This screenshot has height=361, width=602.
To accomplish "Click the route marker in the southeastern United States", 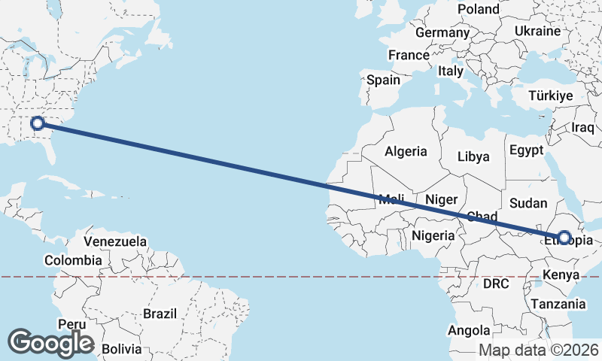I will [38, 123].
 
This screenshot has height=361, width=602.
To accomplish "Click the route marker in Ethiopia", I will [564, 238].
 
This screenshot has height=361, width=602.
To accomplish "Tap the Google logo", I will [50, 343].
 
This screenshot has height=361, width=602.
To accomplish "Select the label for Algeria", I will [406, 151].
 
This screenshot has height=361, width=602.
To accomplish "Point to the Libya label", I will [474, 157].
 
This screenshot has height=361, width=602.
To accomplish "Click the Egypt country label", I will [526, 150].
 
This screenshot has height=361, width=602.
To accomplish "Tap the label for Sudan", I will [528, 203].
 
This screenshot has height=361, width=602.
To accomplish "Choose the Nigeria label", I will [433, 235].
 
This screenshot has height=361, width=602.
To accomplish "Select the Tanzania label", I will [558, 304].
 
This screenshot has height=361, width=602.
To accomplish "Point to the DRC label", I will [497, 284].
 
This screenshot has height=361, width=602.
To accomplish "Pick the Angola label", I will [469, 330].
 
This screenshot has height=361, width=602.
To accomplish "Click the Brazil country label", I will [159, 313].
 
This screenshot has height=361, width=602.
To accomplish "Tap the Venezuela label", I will [115, 242].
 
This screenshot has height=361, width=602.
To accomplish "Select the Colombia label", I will [72, 260].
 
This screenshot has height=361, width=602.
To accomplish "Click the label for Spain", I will [383, 80].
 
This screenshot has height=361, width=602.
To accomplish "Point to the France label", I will [409, 55].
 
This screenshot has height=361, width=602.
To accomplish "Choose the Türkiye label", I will [551, 96].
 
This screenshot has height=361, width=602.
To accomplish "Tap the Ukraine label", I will [538, 31].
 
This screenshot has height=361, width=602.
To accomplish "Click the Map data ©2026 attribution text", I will [539, 350].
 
